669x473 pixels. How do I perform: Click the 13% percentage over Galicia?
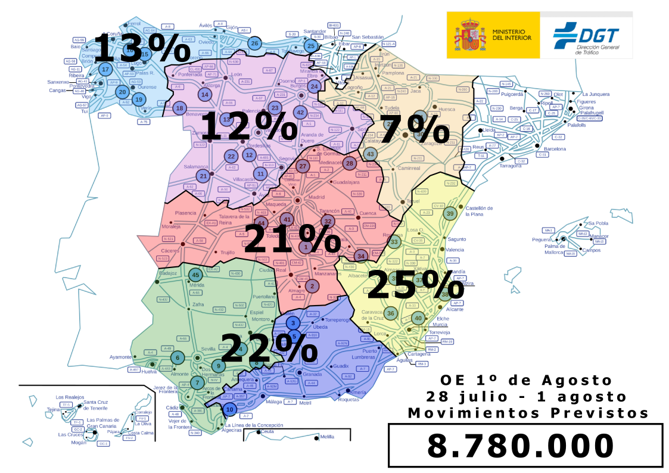coord(141,49)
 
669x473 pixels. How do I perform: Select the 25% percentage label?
coord(415,285)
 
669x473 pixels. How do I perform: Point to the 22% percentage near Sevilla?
coord(269,348)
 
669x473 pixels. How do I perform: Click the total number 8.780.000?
coord(521,446)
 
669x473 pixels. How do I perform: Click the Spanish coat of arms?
coord(470,35)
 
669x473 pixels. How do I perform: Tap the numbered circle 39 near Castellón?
coord(450,214)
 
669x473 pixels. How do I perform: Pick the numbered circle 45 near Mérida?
coord(195,275)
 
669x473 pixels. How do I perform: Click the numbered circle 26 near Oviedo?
coord(254,43)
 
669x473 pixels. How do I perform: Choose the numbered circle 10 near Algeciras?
coord(230,409)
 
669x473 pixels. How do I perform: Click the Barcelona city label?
coord(555,149)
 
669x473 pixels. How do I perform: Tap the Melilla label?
coord(327,437)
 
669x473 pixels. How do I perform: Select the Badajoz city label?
coord(169,274)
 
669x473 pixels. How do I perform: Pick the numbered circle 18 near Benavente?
coord(179,108)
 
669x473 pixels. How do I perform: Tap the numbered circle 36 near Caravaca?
coord(391,313)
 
